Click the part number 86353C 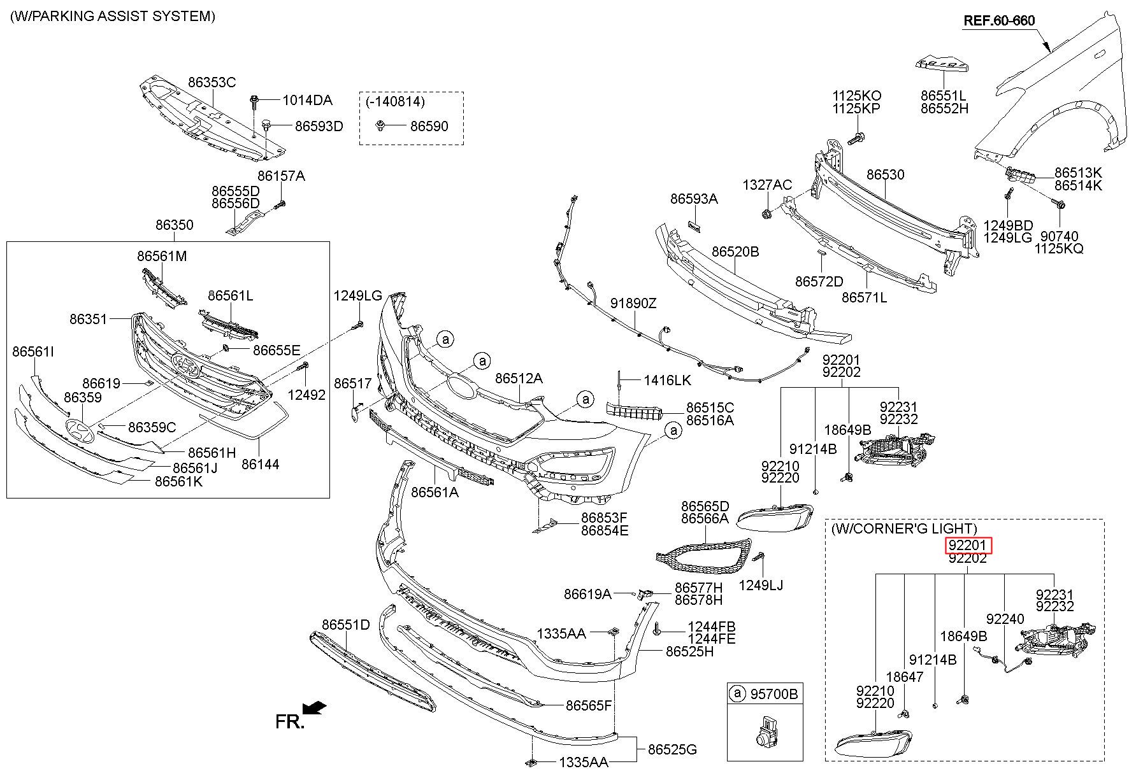(212, 82)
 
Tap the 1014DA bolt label (307, 100)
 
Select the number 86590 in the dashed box (429, 126)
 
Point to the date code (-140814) (395, 101)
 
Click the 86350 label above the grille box (174, 225)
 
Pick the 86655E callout (276, 350)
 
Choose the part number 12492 (306, 395)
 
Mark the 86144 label (260, 464)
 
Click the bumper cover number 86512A (519, 378)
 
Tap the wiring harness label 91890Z (633, 304)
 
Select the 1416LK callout (667, 380)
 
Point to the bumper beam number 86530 (885, 174)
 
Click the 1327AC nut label (767, 185)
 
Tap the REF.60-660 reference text (998, 21)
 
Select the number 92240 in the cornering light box (1005, 618)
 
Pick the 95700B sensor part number (773, 693)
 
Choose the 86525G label (672, 749)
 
